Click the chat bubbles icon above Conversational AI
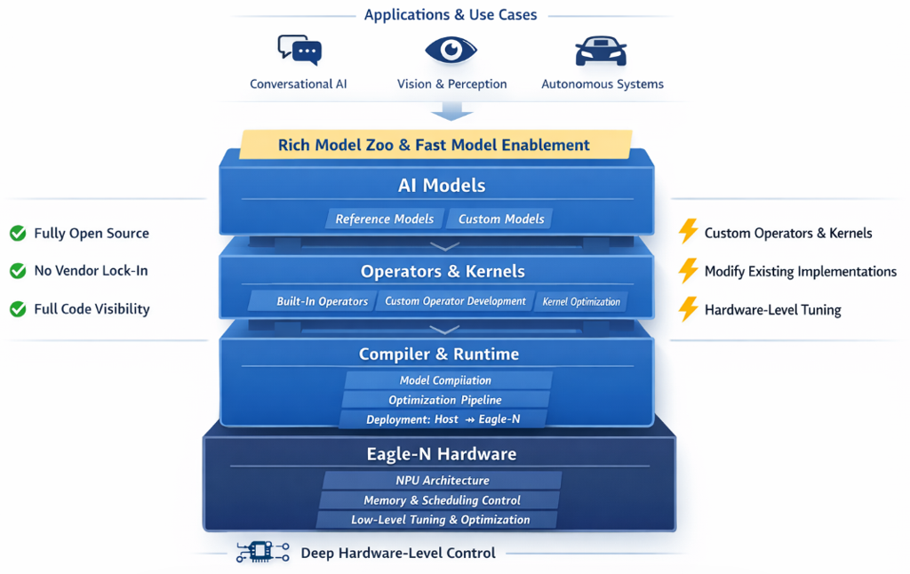(x=299, y=50)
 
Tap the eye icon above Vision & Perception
(x=451, y=50)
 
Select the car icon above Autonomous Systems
(x=602, y=51)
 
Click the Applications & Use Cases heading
(x=451, y=15)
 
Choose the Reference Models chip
(x=384, y=219)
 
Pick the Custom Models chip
(x=500, y=219)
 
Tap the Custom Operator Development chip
(x=455, y=301)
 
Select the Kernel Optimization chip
(x=581, y=301)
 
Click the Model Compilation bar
(x=445, y=380)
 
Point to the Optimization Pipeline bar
(x=445, y=400)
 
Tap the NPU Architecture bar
(x=443, y=481)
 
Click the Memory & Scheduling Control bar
(x=442, y=500)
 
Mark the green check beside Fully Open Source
(x=18, y=234)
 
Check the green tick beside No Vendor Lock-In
(x=18, y=271)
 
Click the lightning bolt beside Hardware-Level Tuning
(x=687, y=309)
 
